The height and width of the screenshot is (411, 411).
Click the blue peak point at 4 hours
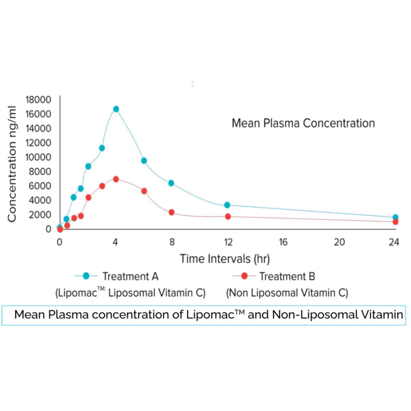116,109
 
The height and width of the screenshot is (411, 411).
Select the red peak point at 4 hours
116,179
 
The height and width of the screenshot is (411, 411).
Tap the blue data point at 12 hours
227,205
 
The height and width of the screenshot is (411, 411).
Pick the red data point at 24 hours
395,222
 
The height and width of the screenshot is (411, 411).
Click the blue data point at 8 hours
171,183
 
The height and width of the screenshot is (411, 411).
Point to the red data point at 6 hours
144,191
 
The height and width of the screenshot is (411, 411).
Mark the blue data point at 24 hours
395,217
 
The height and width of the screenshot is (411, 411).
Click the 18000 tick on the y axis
38,100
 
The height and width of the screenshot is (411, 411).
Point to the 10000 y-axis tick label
38,157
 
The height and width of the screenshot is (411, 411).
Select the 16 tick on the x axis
283,242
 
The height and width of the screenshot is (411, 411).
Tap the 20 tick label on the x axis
339,242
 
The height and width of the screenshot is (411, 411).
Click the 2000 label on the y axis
40,215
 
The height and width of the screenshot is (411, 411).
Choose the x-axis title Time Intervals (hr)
225,259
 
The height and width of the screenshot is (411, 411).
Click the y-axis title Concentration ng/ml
12,164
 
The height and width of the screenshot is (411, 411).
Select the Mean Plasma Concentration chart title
303,123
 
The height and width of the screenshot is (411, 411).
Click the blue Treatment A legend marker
86,276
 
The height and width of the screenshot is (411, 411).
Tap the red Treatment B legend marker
244,276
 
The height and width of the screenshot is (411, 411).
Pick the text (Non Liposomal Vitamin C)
287,293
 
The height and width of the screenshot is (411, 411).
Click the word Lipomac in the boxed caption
210,314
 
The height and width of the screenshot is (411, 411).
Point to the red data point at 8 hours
172,212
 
